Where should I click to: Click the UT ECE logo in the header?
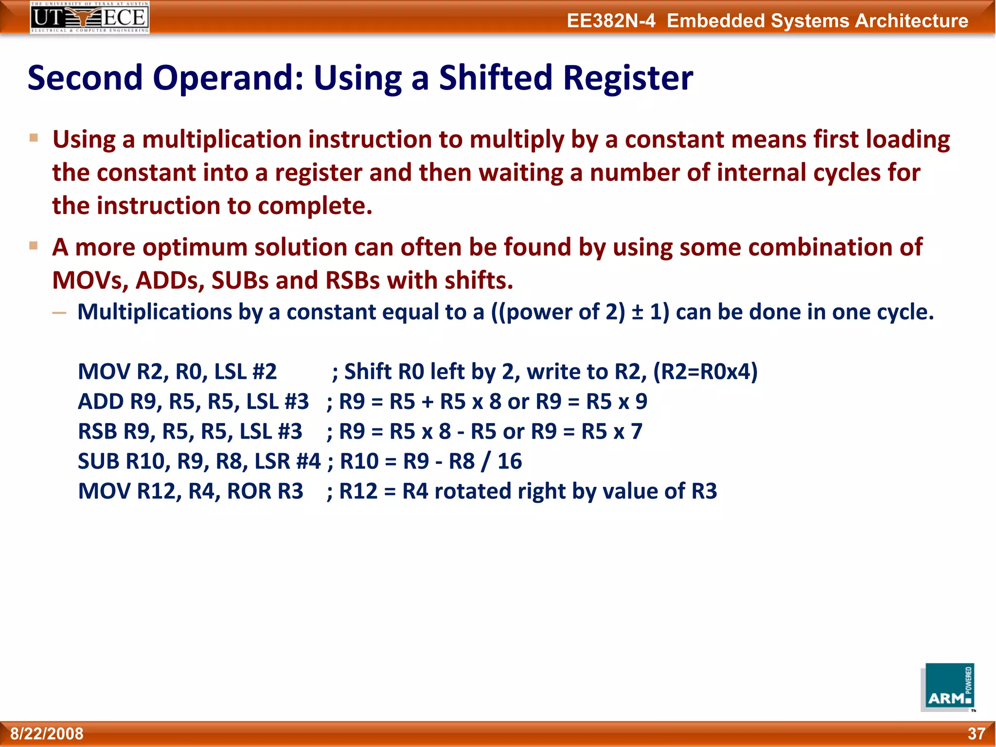coord(89,18)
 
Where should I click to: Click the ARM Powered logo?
coord(948,687)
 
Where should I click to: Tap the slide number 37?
coord(976,733)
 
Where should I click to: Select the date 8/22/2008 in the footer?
coord(47,733)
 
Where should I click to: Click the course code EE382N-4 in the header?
coord(611,21)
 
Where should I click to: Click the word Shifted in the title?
coord(496,78)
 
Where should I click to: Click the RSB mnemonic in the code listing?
coord(98,431)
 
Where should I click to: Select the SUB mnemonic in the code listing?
coord(99,461)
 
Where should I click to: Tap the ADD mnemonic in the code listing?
coord(101,402)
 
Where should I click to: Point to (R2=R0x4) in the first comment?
coord(705,372)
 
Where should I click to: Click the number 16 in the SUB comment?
coord(510,461)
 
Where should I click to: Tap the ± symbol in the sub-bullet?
coord(637,312)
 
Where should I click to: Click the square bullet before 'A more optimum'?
coord(34,246)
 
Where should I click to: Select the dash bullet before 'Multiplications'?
coord(59,313)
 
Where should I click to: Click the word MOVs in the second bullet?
coord(89,281)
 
